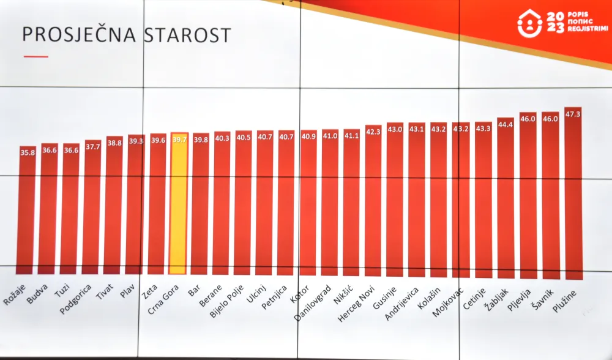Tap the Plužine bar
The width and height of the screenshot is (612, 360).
(x=573, y=196)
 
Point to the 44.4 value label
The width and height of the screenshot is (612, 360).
(x=506, y=124)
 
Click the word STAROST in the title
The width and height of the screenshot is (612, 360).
(x=188, y=35)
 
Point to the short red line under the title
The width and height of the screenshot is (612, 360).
(x=35, y=56)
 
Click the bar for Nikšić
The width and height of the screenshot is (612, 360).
(x=351, y=205)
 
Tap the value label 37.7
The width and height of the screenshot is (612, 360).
(x=92, y=146)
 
